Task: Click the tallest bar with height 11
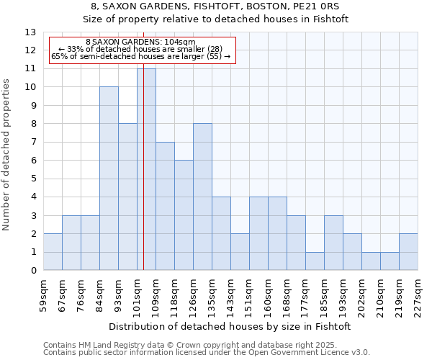pyautogui.click(x=146, y=169)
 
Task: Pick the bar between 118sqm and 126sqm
pyautogui.click(x=184, y=215)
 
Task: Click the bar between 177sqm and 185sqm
pyautogui.click(x=315, y=261)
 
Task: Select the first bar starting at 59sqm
pyautogui.click(x=53, y=252)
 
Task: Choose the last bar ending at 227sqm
pyautogui.click(x=408, y=252)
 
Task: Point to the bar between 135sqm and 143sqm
pyautogui.click(x=221, y=234)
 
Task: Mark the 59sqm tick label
pyautogui.click(x=43, y=294)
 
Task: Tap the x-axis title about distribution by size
pyautogui.click(x=230, y=326)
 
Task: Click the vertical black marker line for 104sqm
pyautogui.click(x=144, y=180)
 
